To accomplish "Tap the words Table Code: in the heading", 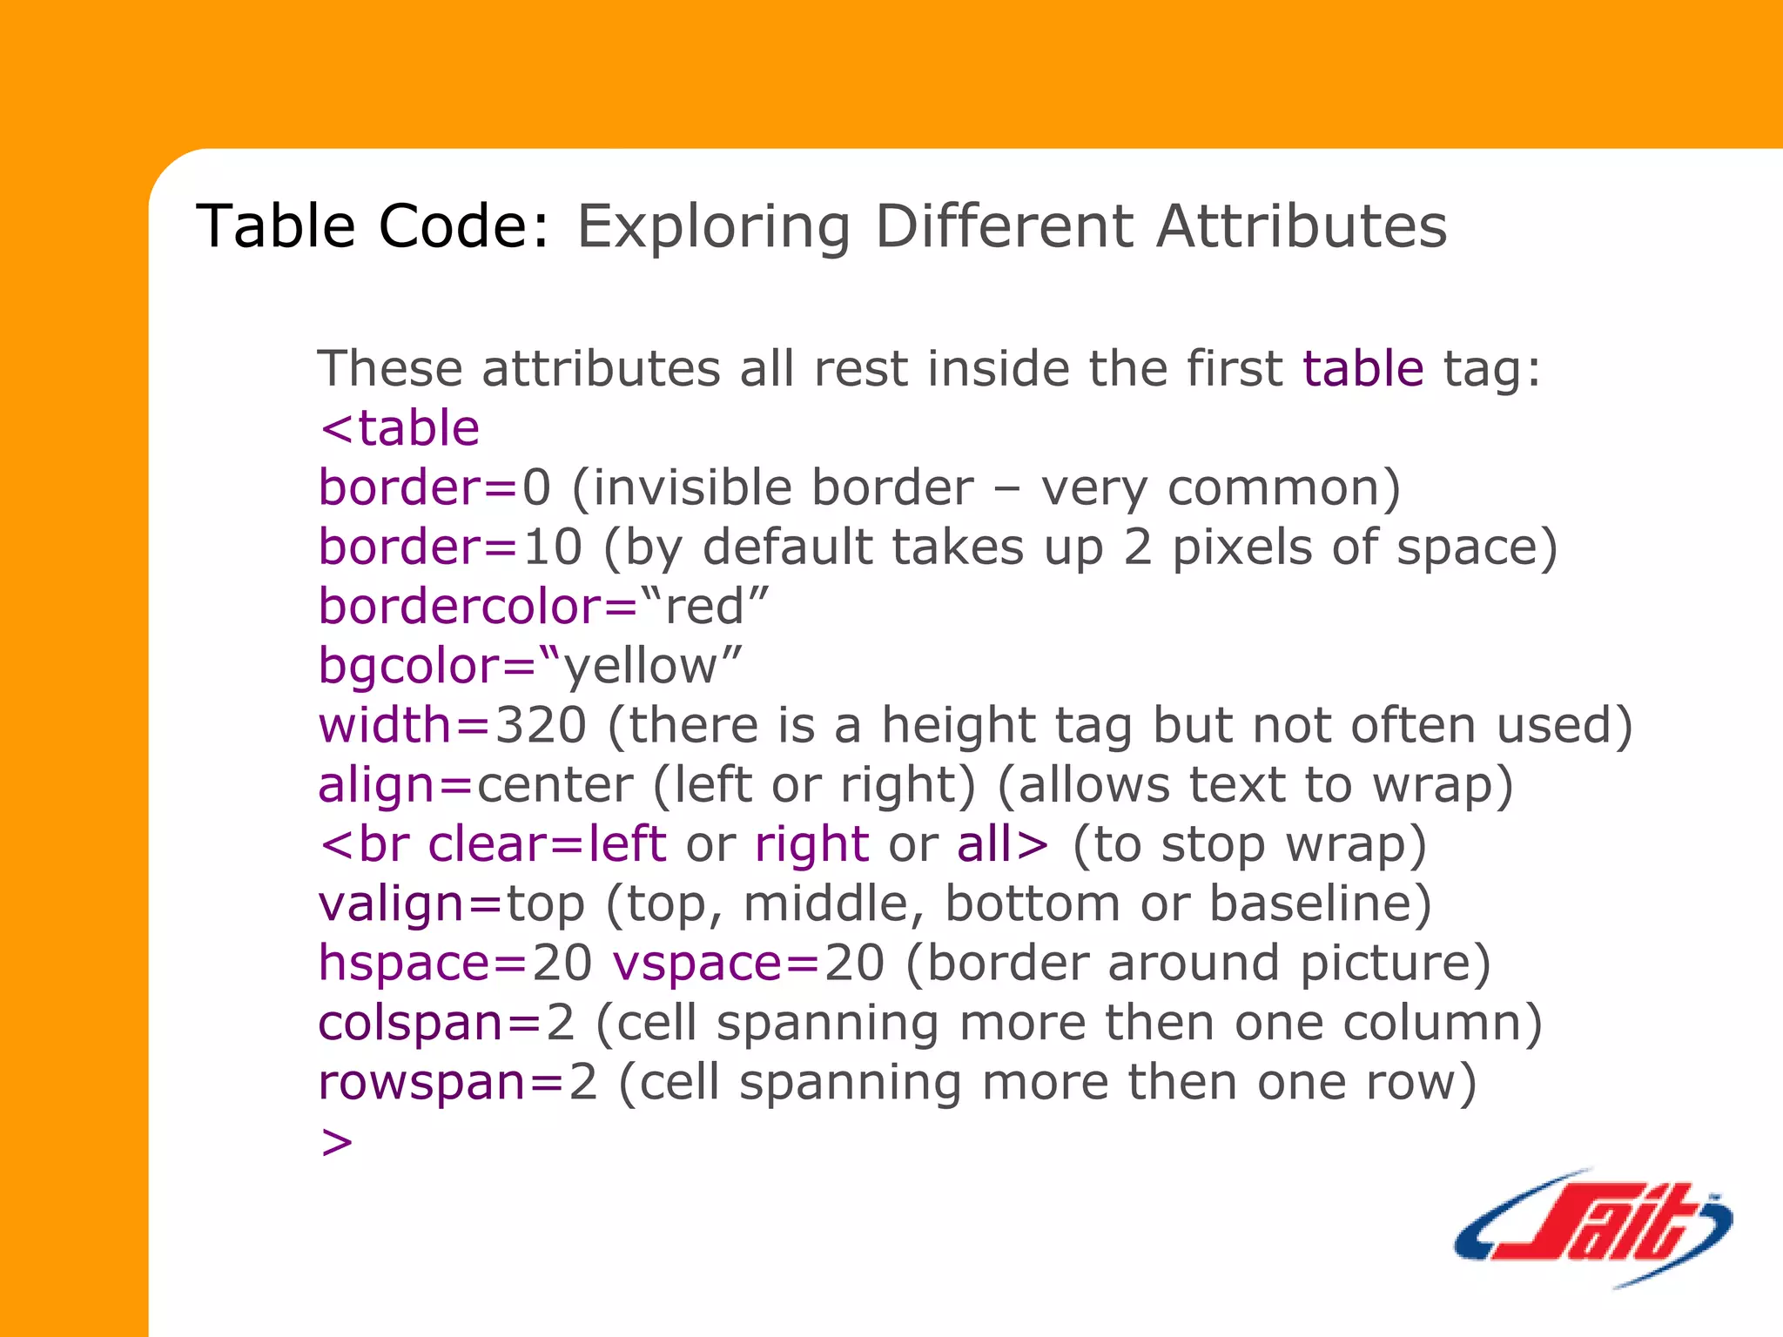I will pyautogui.click(x=373, y=226).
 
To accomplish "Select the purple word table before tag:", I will pyautogui.click(x=1362, y=368).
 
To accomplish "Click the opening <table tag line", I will pyautogui.click(x=400, y=428).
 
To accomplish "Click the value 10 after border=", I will pyautogui.click(x=552, y=548).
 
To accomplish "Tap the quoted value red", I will pyautogui.click(x=704, y=607).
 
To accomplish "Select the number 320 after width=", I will pyautogui.click(x=540, y=726).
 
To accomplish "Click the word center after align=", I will pyautogui.click(x=555, y=785).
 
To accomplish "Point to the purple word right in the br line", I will pyautogui.click(x=811, y=844).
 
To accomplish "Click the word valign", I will pyautogui.click(x=391, y=904).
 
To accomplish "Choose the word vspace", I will pyautogui.click(x=696, y=964).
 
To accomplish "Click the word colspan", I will pyautogui.click(x=409, y=1024).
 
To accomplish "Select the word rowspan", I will pyautogui.click(x=421, y=1083).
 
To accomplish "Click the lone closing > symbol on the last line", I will pyautogui.click(x=337, y=1142).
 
